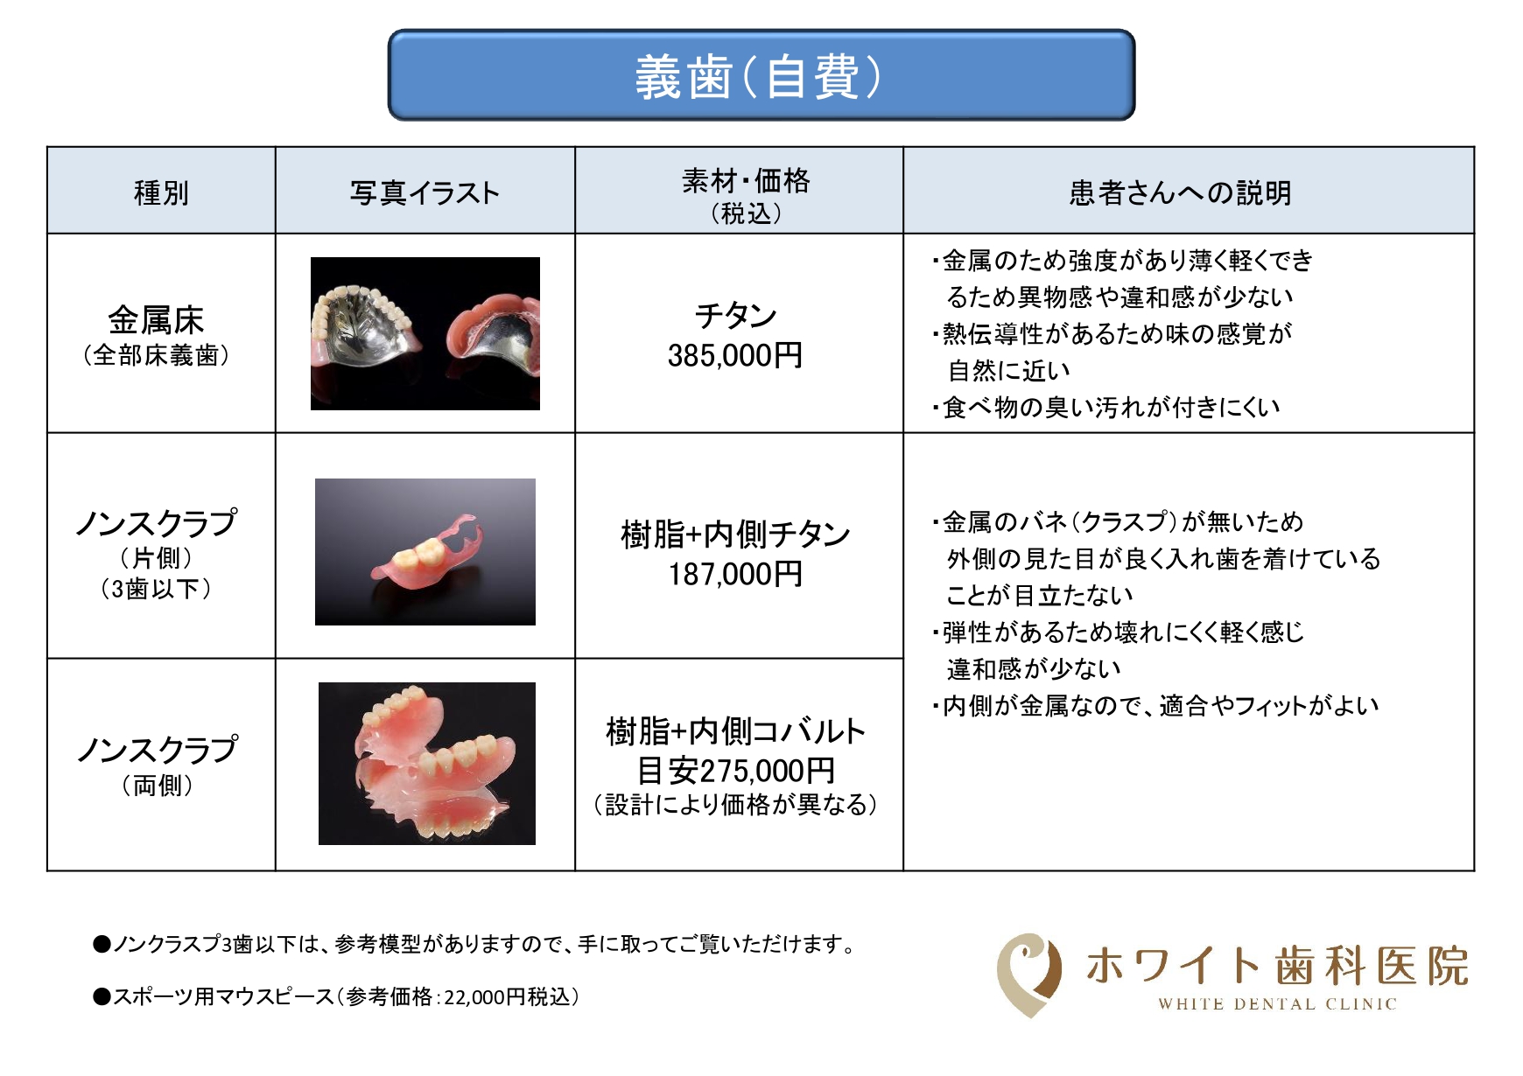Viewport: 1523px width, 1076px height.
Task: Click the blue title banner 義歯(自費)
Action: coord(761,75)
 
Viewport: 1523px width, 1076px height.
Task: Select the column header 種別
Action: coord(161,192)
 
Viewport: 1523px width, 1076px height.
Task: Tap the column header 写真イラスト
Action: coord(425,192)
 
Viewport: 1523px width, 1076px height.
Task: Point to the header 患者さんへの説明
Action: coord(1180,192)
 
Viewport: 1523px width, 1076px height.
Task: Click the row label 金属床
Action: coord(156,320)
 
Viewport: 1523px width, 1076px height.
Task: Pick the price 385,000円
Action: coord(735,355)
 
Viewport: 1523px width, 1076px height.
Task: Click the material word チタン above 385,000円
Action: coord(736,316)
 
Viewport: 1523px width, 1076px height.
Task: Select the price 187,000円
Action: coord(735,574)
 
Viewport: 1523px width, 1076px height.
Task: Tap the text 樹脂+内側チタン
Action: coord(735,534)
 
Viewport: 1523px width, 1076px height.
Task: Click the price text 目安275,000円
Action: coord(735,771)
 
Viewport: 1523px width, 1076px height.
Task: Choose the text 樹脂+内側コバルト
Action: coord(735,730)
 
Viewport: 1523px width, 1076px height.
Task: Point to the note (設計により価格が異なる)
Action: coord(735,805)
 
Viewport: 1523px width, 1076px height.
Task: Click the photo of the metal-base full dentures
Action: coord(425,333)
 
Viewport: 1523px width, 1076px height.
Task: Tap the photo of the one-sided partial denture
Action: coord(425,552)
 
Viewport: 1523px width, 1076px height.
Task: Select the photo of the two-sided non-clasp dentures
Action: coord(427,764)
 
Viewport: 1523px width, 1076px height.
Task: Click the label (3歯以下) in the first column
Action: coord(156,589)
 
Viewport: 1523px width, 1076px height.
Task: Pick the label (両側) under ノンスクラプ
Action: coord(158,786)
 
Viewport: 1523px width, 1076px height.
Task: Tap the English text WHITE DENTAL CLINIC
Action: coord(1277,1004)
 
